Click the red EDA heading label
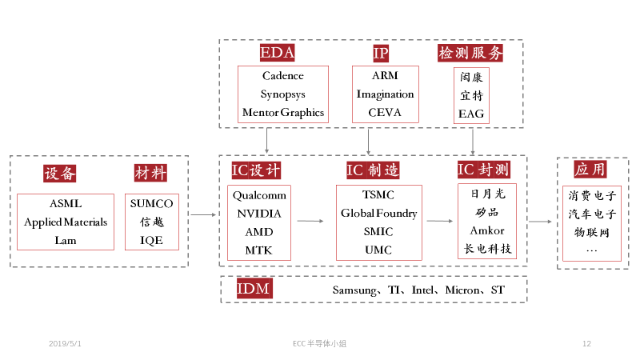click(278, 54)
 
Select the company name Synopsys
click(283, 94)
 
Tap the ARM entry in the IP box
click(385, 76)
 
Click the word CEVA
click(385, 113)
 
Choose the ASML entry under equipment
click(66, 203)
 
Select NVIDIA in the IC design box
click(259, 214)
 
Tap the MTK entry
click(259, 250)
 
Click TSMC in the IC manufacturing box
click(378, 195)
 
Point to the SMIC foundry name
click(378, 232)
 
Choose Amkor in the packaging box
click(486, 230)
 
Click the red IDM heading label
click(254, 290)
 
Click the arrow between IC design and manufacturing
click(310, 221)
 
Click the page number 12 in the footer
click(586, 343)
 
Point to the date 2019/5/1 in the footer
click(65, 343)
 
